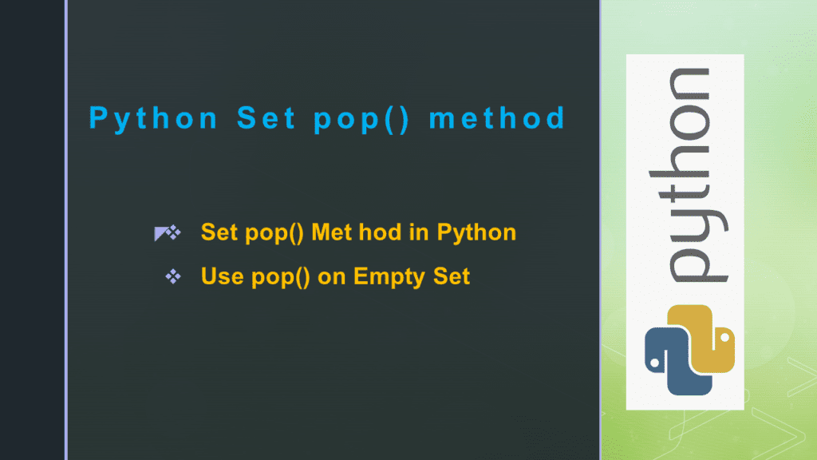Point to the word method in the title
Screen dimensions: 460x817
[x=497, y=119]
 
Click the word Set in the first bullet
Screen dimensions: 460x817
[x=217, y=232]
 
